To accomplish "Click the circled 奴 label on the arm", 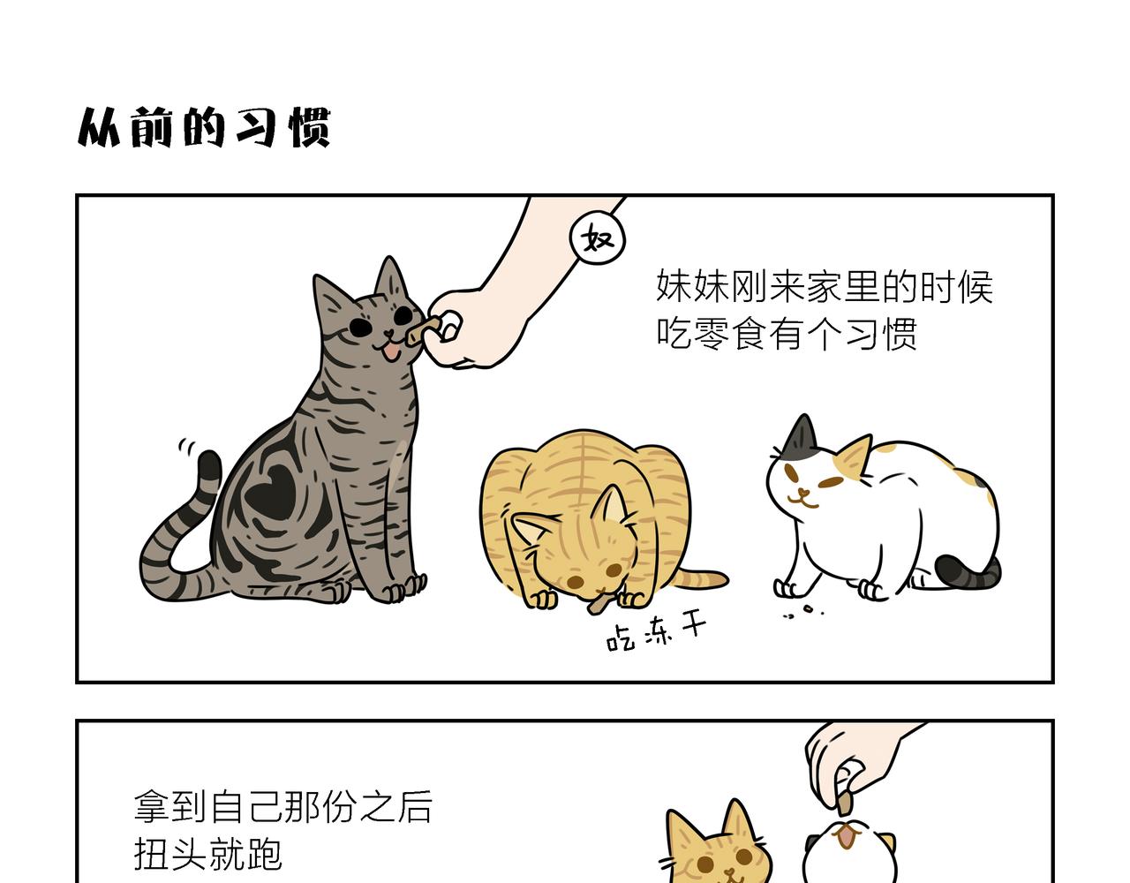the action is click(598, 238).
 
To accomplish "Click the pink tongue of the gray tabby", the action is click(391, 353).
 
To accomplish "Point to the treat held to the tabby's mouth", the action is click(421, 330).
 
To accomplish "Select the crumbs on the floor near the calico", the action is click(804, 612).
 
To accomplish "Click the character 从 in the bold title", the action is click(99, 127).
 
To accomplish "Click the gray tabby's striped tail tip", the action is click(209, 464).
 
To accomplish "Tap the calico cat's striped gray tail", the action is click(968, 572).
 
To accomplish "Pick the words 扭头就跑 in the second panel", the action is click(208, 853).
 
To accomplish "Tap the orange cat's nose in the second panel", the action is click(729, 871).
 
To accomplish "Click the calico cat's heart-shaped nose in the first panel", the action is click(804, 491).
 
